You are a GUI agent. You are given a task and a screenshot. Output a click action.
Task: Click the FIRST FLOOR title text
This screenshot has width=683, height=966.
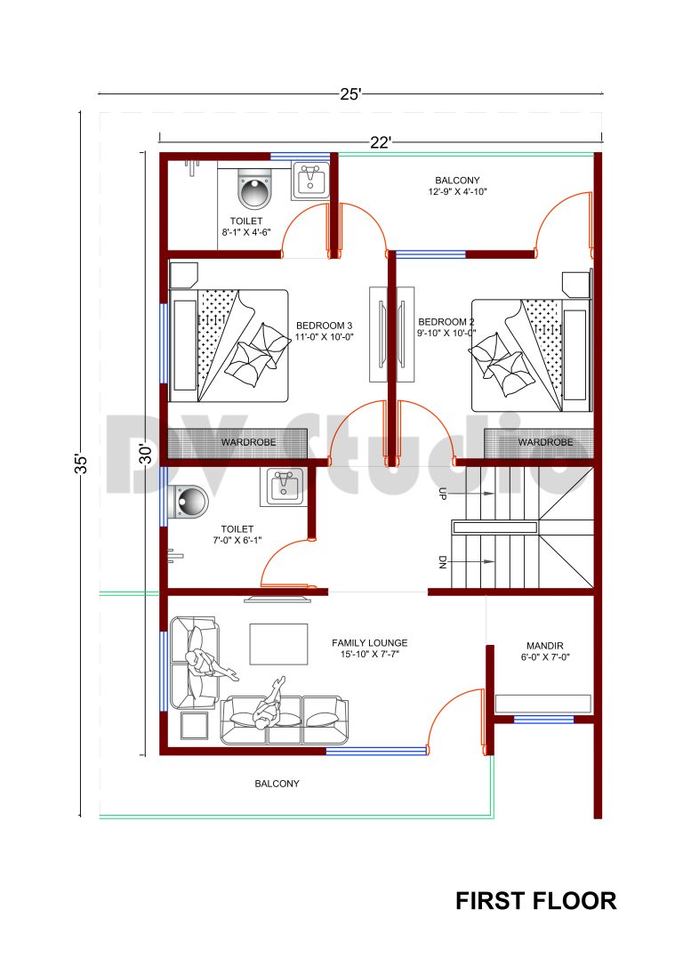(x=535, y=900)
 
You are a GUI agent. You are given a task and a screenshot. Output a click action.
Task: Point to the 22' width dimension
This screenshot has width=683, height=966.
(x=382, y=142)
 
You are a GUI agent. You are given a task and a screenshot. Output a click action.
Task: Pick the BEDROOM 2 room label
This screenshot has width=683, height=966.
(x=446, y=322)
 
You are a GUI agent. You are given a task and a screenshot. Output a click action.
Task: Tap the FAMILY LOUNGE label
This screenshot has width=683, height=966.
(x=369, y=642)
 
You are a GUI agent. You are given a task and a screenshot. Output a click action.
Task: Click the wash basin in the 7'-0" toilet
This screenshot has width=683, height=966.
(x=285, y=487)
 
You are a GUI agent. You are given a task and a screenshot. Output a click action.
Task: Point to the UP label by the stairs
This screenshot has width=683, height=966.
(x=442, y=494)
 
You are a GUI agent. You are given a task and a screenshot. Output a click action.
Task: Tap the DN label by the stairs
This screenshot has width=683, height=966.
(x=442, y=561)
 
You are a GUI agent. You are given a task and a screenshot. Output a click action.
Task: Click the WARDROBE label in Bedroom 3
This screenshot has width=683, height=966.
(x=248, y=442)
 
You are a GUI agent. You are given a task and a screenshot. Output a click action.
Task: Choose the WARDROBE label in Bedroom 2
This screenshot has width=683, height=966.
(x=544, y=442)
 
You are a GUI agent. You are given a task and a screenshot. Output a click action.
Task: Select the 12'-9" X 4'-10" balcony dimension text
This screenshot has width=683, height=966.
(x=458, y=191)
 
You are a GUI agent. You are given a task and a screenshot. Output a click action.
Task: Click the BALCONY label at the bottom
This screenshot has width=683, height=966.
(x=277, y=784)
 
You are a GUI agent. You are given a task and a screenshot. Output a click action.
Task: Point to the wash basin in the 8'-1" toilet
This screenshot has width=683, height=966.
(x=310, y=180)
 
